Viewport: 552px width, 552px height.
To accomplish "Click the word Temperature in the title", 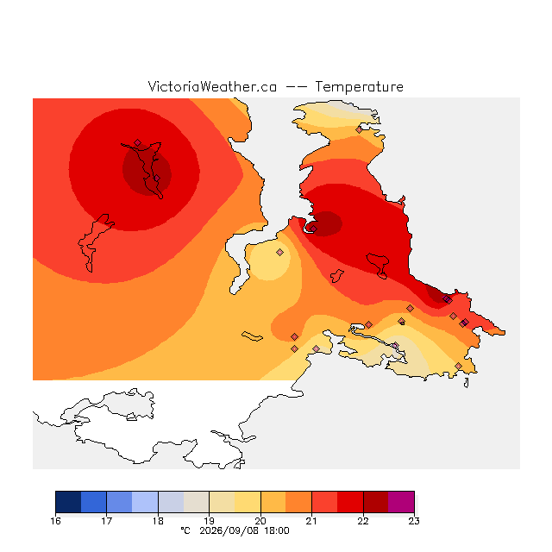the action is (359, 86).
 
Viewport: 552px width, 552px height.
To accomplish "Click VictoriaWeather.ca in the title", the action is (212, 86).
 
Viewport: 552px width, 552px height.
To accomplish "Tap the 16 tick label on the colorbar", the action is (55, 521).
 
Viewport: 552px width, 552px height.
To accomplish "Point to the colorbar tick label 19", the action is (209, 521).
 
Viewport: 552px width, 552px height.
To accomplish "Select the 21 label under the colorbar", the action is (311, 521).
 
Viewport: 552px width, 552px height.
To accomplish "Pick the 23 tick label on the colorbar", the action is (414, 521).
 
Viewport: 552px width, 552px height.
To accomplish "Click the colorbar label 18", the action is (158, 521).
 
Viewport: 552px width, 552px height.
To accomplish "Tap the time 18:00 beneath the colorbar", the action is (277, 531).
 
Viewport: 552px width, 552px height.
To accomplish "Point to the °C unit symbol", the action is (185, 530).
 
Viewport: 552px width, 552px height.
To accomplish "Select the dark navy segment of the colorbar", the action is (68, 502).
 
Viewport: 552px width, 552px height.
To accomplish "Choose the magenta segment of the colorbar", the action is (401, 502).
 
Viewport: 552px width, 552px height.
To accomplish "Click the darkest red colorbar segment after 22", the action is (376, 502).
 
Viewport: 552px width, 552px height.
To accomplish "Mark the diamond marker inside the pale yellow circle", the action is (279, 252).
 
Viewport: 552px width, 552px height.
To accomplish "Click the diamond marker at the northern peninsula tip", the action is (359, 130).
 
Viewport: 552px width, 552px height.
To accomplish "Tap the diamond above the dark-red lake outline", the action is (138, 142).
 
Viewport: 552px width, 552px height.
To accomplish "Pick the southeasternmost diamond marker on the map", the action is (458, 366).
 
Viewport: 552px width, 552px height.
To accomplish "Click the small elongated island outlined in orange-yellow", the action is (252, 336).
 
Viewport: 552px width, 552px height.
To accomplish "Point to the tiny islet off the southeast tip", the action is (467, 383).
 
